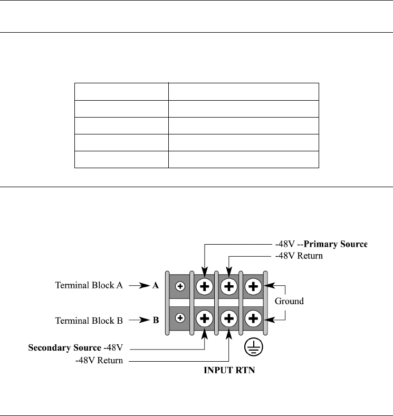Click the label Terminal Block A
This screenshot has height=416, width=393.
click(x=89, y=286)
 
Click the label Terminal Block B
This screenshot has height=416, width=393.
click(x=89, y=320)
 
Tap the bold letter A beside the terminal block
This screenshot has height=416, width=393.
click(x=156, y=286)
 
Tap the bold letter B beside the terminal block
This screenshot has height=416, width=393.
click(x=156, y=320)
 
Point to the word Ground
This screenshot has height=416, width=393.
click(x=290, y=302)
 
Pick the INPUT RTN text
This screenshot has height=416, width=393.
click(x=229, y=370)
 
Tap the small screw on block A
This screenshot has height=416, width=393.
click(x=180, y=286)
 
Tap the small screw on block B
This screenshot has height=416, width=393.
click(x=180, y=318)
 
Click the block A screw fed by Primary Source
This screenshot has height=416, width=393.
click(x=205, y=286)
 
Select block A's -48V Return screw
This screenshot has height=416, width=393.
click(x=229, y=286)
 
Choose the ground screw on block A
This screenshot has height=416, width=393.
click(x=253, y=286)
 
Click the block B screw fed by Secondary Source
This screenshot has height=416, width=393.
click(x=205, y=318)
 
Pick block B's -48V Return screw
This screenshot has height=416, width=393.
click(x=229, y=318)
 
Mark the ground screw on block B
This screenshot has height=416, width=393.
click(x=253, y=318)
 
